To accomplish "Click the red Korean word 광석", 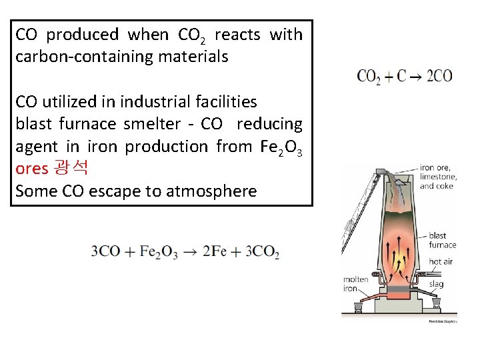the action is click(x=71, y=168).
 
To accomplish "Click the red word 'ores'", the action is click(x=32, y=169).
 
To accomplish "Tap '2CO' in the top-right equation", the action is click(x=439, y=75).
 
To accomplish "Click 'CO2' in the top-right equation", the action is click(x=369, y=76).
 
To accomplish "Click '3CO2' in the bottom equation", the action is click(x=262, y=252).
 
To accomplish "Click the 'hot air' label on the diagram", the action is click(x=441, y=262).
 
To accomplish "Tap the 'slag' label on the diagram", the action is click(x=436, y=283).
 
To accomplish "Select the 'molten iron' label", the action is click(x=355, y=284).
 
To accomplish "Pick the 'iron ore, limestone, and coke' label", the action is click(x=438, y=177).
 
